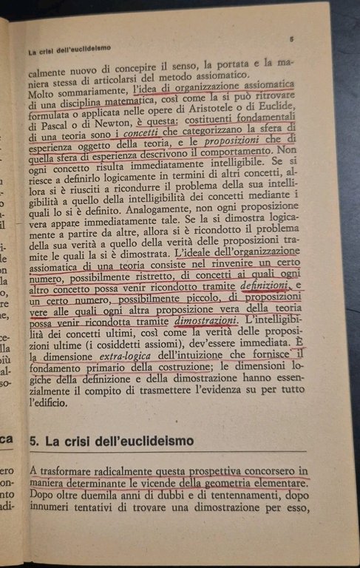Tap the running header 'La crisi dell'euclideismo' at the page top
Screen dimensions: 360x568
pyautogui.click(x=69, y=50)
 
